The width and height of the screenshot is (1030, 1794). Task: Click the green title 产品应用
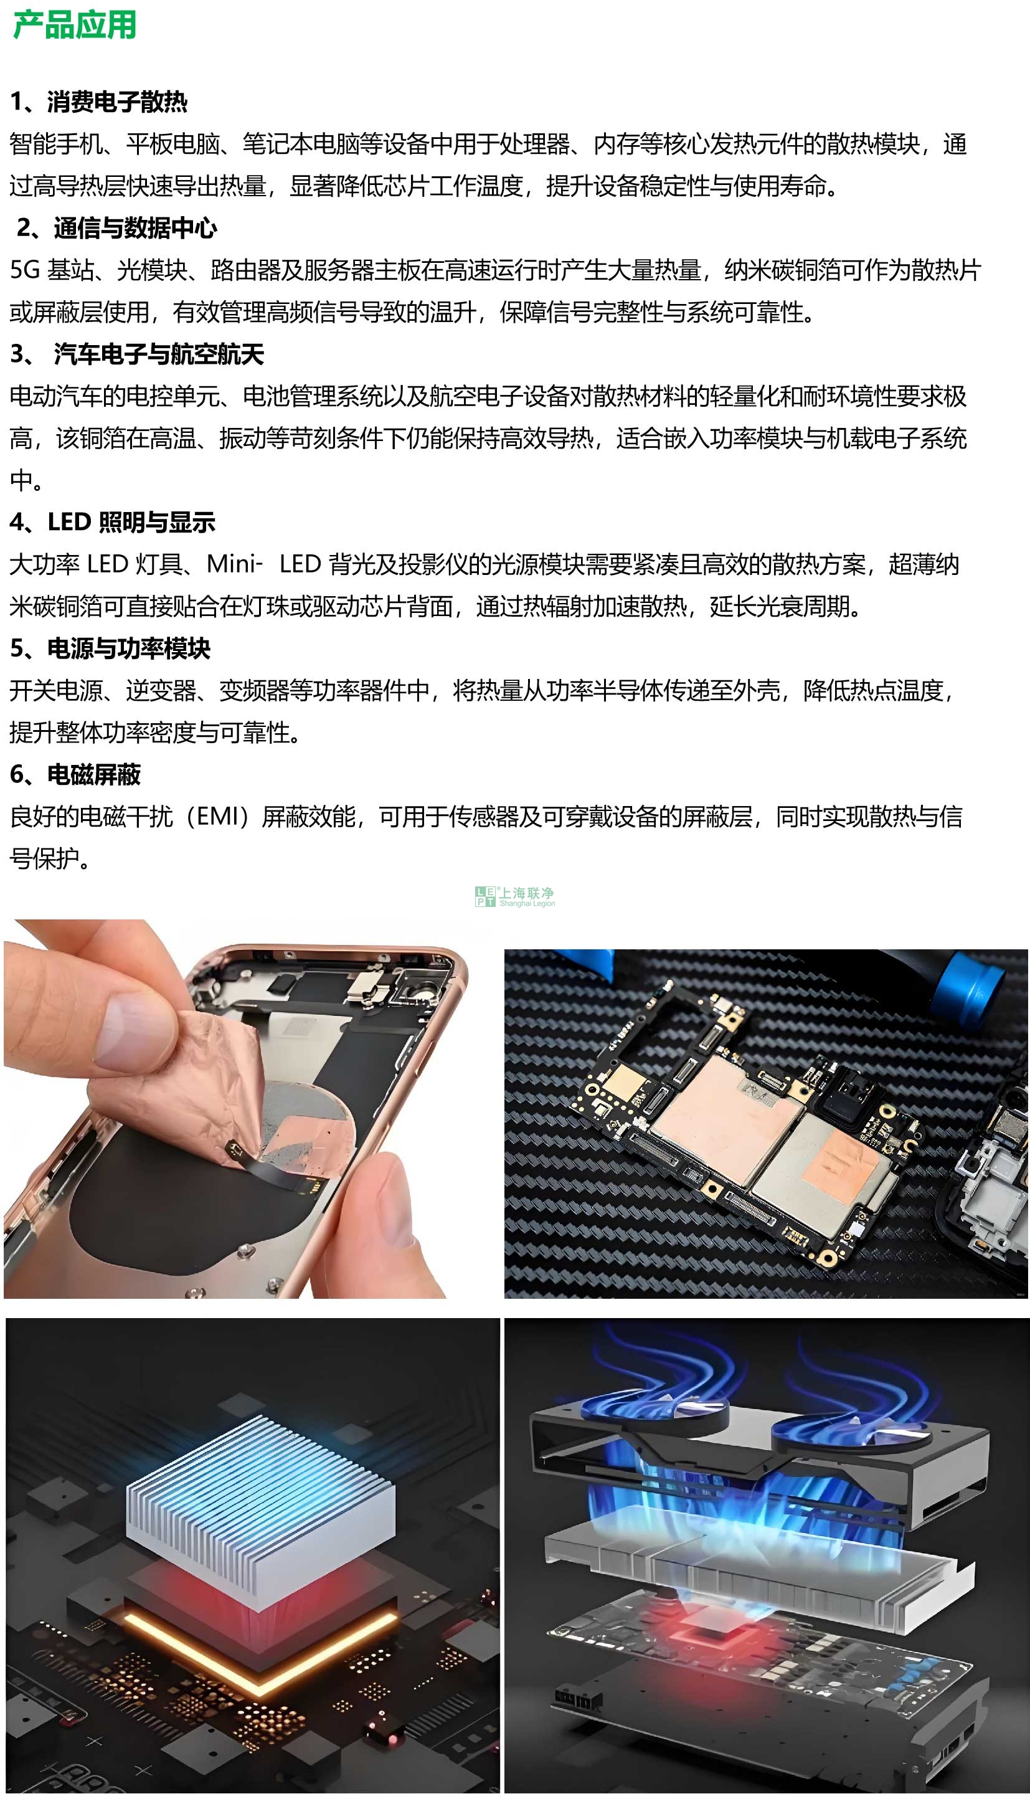(74, 25)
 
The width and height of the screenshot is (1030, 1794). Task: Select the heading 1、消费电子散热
(99, 102)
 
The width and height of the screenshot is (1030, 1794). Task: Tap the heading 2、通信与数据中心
(116, 228)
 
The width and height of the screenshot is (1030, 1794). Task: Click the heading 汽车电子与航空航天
(158, 354)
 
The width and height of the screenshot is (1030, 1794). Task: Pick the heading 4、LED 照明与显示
(113, 522)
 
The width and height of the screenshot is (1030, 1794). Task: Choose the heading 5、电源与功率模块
(110, 648)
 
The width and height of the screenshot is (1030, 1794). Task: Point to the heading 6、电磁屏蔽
(76, 775)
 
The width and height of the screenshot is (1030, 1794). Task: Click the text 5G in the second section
(26, 270)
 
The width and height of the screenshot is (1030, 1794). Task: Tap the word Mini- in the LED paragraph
(234, 564)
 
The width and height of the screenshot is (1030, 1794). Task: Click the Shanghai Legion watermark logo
(515, 897)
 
